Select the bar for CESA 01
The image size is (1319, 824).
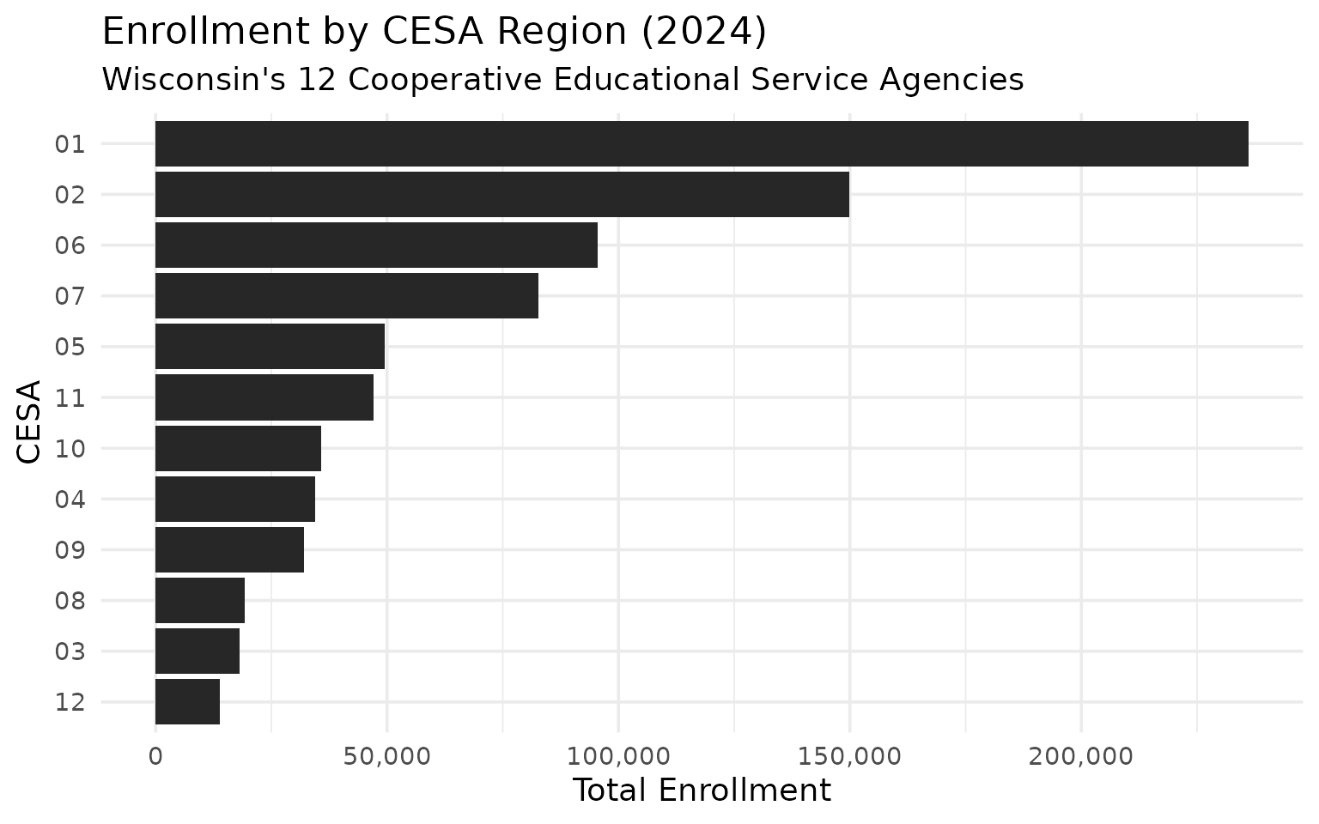point(702,143)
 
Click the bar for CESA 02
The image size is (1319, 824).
point(502,194)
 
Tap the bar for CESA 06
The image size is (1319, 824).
point(376,245)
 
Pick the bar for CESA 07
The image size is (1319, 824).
point(347,295)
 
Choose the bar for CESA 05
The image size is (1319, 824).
point(270,346)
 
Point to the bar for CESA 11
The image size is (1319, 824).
point(264,397)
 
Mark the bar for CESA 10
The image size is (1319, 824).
point(238,447)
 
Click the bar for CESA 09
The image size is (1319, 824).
point(229,549)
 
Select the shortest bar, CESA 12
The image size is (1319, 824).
point(187,701)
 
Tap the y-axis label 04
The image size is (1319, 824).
point(70,499)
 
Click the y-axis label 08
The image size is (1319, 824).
point(70,600)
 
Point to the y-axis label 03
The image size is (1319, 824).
point(70,651)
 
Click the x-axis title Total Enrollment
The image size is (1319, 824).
point(701,791)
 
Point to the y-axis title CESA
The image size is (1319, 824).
point(29,421)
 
